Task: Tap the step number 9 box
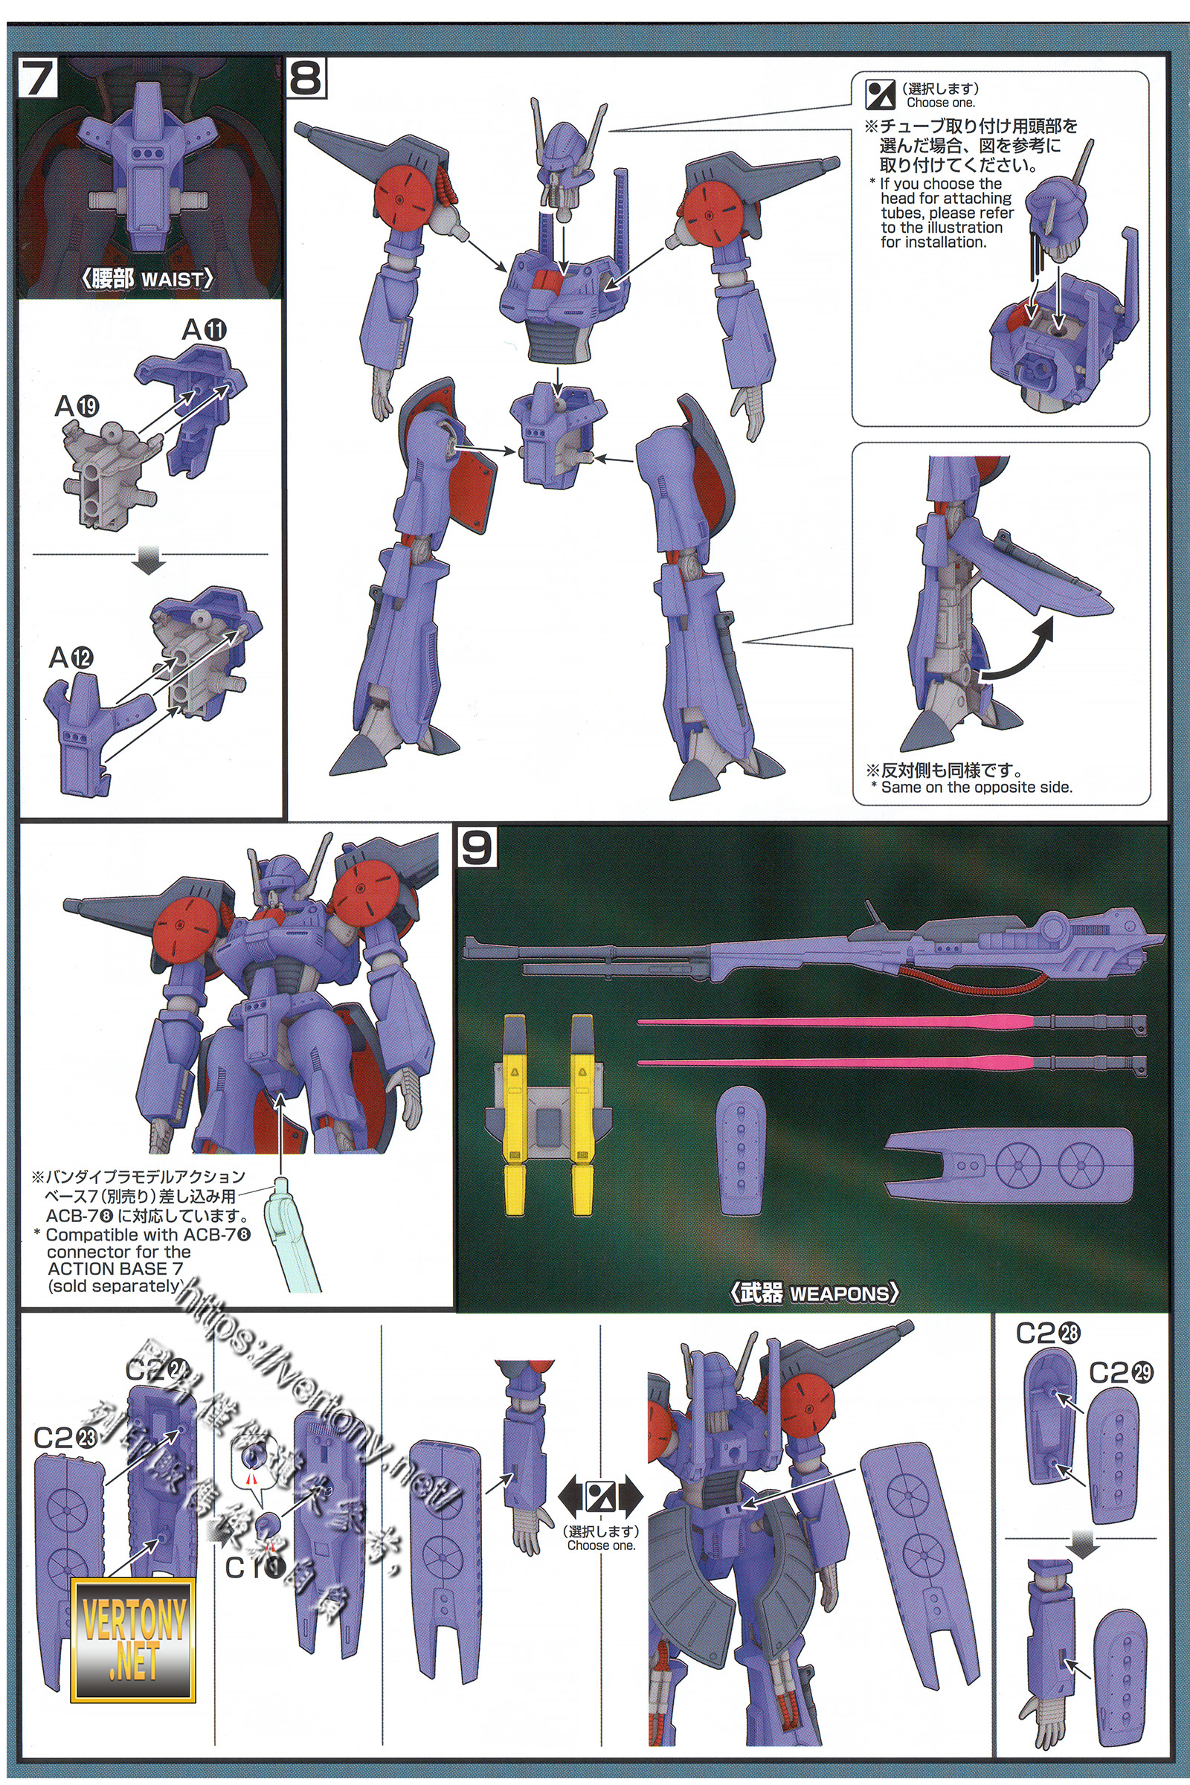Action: point(477,848)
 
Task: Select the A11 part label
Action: point(204,330)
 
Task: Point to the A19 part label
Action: point(77,407)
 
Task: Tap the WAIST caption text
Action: point(173,280)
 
